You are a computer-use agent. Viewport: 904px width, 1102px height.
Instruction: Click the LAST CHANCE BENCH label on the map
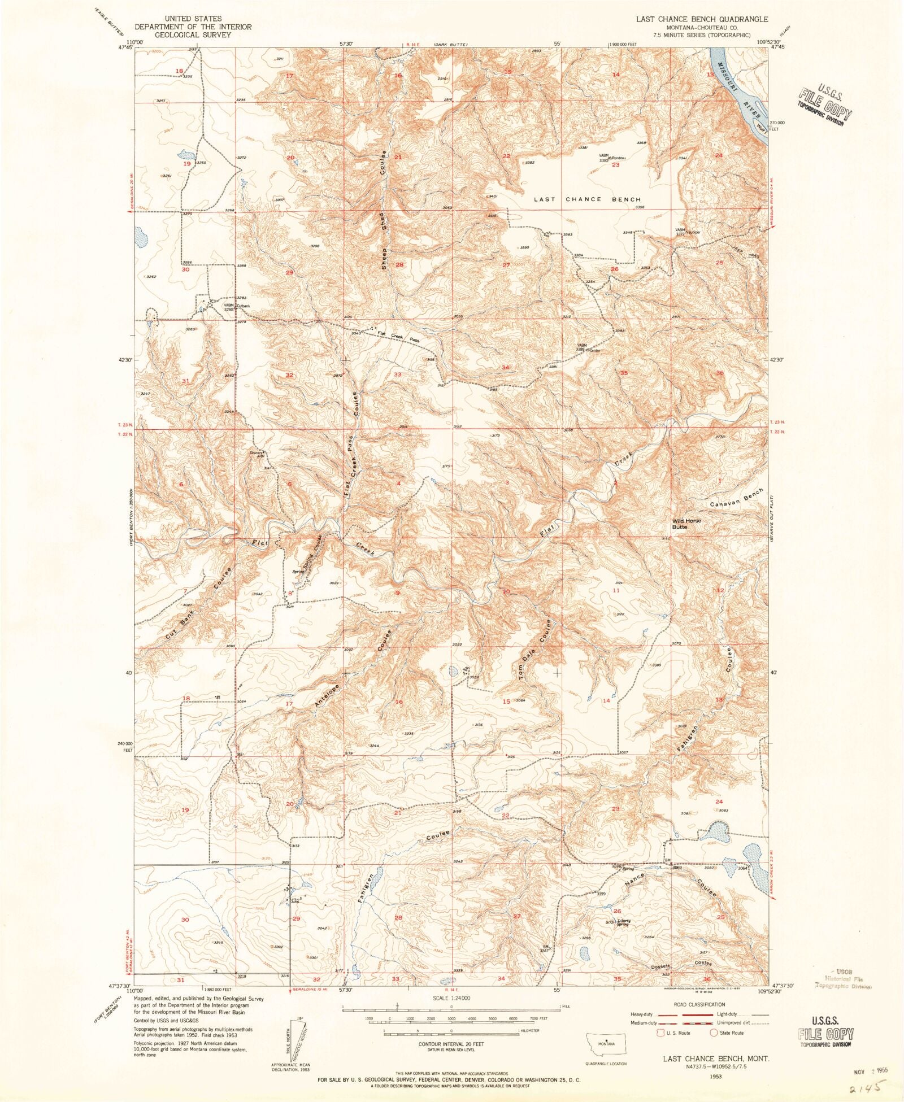[x=587, y=199]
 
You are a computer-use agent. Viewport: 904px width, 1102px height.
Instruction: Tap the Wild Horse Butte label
[x=686, y=524]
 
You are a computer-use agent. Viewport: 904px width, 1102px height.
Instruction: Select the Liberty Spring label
[x=623, y=923]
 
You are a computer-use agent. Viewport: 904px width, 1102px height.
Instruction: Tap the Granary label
[x=257, y=452]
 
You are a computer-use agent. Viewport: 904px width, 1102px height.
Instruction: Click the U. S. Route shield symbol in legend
[x=660, y=1033]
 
